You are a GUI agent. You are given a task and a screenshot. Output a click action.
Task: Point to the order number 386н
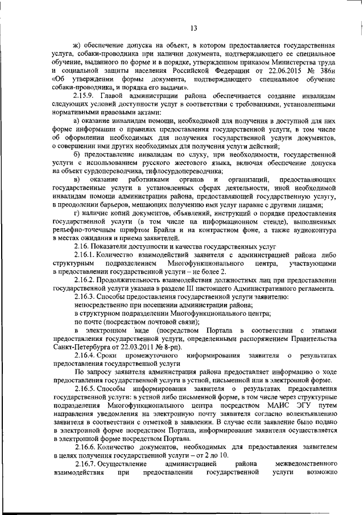click(x=326, y=69)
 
